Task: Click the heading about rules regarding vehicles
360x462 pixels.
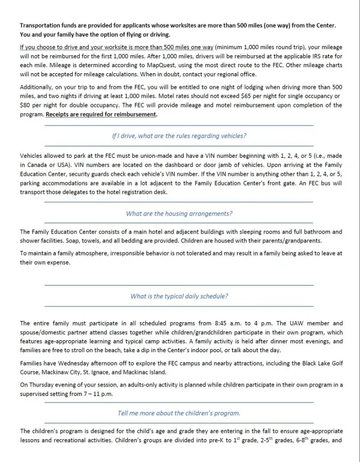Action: [179, 136]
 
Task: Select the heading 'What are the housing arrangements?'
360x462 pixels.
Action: [179, 214]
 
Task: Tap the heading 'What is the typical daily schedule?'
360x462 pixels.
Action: [179, 296]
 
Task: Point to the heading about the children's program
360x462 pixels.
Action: [179, 413]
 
